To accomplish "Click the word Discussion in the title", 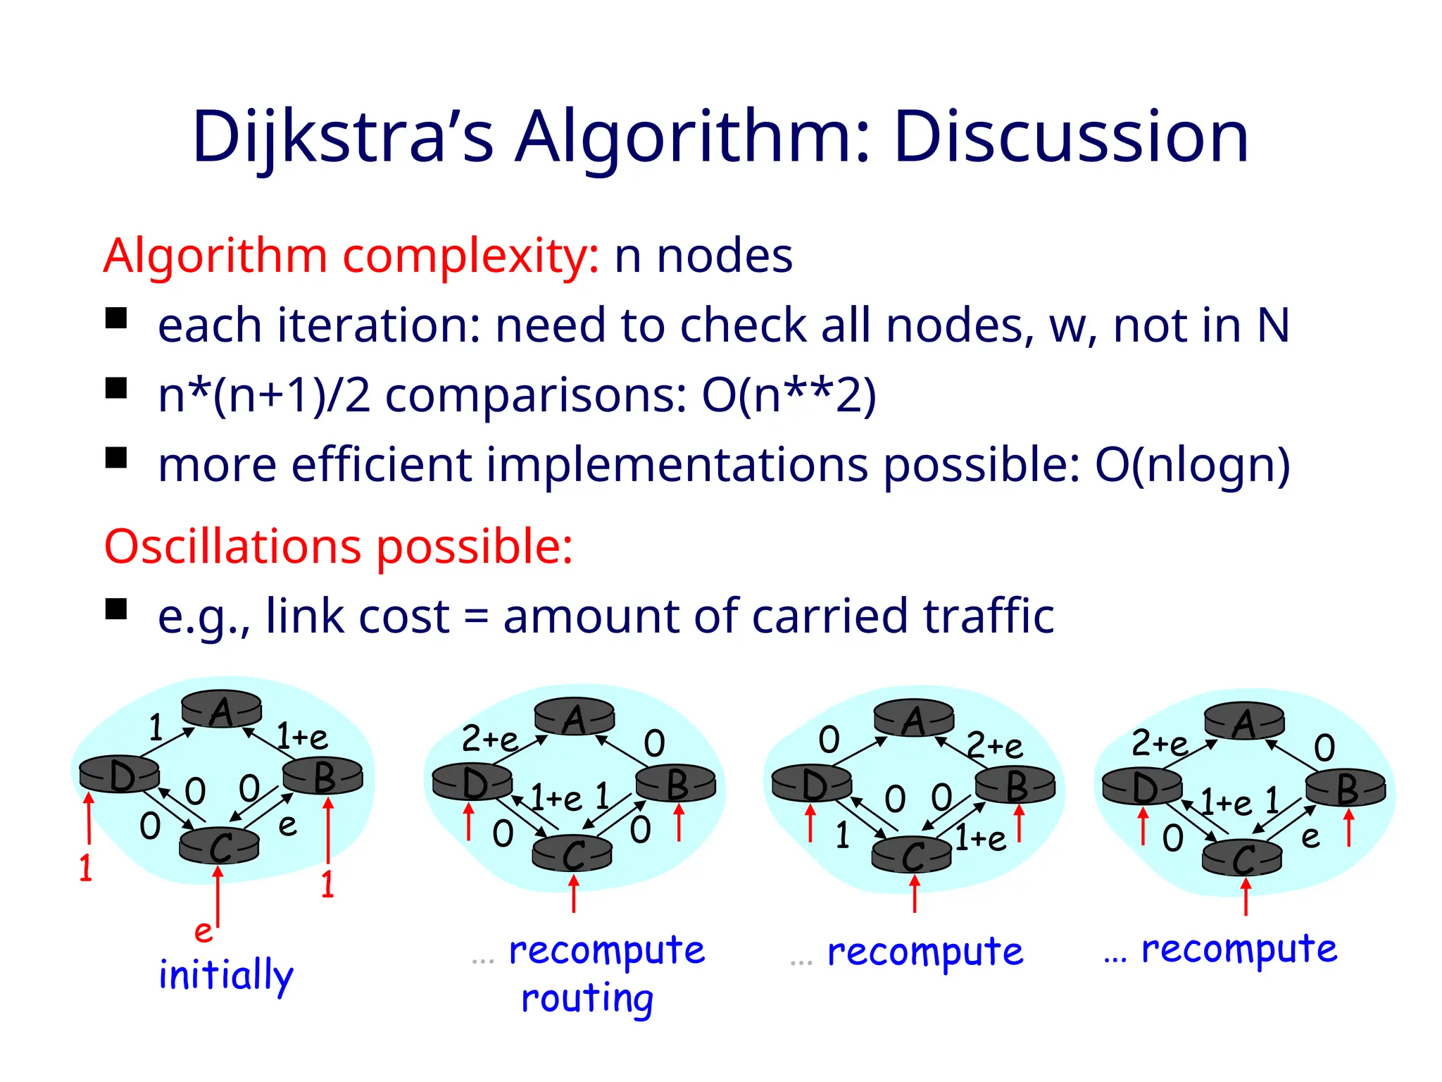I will (x=1071, y=137).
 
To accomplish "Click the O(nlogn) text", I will (x=1192, y=466).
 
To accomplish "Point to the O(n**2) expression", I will (x=789, y=395).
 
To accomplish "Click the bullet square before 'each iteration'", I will (x=116, y=318).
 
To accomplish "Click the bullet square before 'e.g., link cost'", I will (x=116, y=609).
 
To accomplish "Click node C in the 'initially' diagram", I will (x=220, y=845).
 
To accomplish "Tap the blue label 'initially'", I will (x=225, y=976).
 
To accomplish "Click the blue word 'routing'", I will (x=587, y=999).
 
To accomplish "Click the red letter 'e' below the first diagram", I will (x=203, y=932).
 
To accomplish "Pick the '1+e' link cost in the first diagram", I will (x=302, y=737).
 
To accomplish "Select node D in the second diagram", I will (x=472, y=783).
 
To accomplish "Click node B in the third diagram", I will (x=1015, y=785).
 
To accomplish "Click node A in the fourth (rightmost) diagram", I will (x=1244, y=722).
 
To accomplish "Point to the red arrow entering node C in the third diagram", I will (x=915, y=893).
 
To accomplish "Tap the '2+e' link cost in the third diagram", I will (x=994, y=745).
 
